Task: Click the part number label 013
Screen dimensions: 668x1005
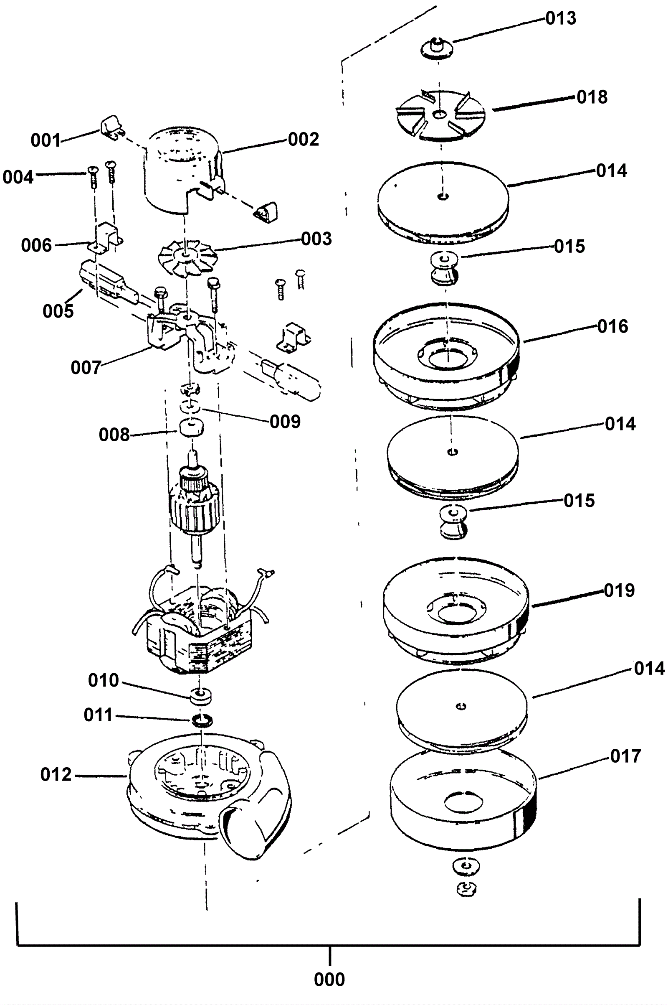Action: (x=561, y=18)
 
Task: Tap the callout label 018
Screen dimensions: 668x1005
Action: (x=592, y=97)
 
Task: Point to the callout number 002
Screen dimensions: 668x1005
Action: (x=304, y=140)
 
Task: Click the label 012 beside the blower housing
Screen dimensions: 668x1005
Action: (x=56, y=775)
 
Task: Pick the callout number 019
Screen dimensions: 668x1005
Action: (x=620, y=590)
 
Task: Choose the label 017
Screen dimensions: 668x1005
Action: (x=625, y=756)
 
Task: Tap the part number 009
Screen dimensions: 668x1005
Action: (x=285, y=422)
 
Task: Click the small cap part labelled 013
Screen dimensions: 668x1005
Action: (x=437, y=46)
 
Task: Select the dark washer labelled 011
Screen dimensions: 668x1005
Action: (x=202, y=720)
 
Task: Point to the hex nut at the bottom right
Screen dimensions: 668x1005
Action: (x=466, y=889)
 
